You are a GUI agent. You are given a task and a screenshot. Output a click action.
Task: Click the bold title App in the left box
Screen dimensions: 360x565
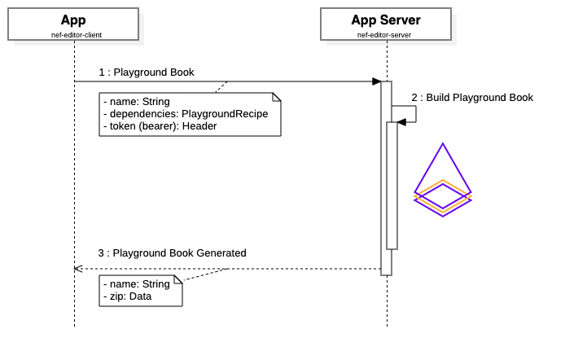73,20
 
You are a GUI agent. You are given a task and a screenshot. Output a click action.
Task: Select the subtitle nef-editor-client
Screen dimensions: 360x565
73,35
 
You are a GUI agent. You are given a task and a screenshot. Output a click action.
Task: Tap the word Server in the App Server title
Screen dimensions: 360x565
401,20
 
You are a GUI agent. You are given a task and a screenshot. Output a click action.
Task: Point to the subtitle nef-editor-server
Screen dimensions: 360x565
384,35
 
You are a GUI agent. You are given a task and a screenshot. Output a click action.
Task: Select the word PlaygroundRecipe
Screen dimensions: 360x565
225,114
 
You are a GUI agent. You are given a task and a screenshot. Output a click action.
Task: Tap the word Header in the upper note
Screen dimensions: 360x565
199,126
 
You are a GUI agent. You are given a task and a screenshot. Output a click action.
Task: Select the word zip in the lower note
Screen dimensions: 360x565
117,296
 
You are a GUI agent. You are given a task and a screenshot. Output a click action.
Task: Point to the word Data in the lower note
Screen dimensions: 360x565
141,296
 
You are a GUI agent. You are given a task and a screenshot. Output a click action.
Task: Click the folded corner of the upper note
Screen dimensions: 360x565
276,97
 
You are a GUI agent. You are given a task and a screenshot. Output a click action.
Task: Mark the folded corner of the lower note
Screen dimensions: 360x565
177,279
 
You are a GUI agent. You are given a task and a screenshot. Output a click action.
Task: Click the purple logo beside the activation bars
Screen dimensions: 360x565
442,179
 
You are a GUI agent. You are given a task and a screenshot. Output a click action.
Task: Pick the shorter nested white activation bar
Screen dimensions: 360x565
392,186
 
